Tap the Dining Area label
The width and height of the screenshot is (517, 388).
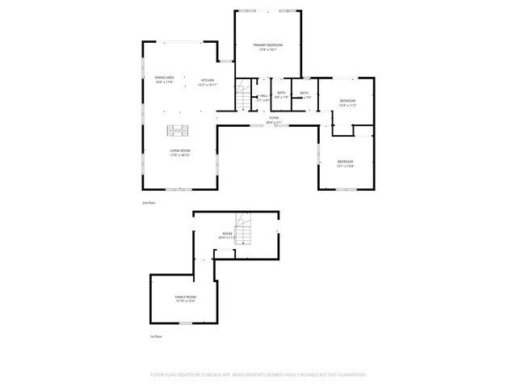tap(165, 78)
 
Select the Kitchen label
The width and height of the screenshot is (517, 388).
tap(208, 79)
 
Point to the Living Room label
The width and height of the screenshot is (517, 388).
tap(179, 150)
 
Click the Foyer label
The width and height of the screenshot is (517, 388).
tap(274, 118)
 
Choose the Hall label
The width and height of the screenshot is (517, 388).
tap(264, 96)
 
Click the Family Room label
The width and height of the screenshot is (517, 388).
tap(186, 297)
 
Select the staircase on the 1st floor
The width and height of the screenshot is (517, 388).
tap(243, 232)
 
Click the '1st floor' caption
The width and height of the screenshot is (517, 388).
tap(157, 336)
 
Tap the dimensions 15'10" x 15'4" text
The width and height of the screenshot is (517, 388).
tap(186, 302)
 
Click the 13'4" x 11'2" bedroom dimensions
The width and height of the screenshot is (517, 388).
tap(347, 105)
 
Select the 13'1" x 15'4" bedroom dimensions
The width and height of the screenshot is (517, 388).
tap(346, 166)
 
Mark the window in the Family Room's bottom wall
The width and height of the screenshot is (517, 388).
tap(186, 322)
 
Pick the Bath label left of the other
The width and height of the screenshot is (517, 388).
tap(281, 93)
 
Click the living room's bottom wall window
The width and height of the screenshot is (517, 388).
tap(184, 188)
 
